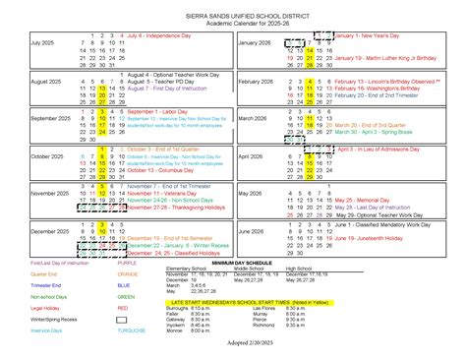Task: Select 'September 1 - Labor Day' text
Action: (x=154, y=111)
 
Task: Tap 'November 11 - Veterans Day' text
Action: (x=160, y=193)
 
